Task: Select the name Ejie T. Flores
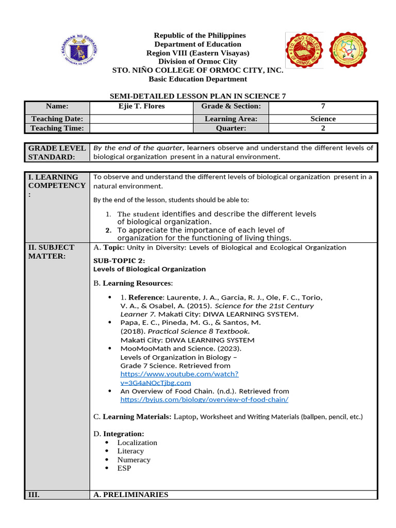click(x=141, y=106)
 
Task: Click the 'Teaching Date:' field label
click(x=57, y=119)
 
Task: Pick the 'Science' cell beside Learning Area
click(x=323, y=119)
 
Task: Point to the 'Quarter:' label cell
click(x=231, y=128)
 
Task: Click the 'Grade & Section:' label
click(x=231, y=106)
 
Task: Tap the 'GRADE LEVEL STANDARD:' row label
click(x=57, y=152)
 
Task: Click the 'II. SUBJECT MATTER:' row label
click(x=51, y=251)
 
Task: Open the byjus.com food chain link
click(x=204, y=400)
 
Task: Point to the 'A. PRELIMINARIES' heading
click(x=131, y=494)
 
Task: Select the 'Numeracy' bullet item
click(x=134, y=459)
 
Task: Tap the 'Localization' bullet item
click(x=137, y=442)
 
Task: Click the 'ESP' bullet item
click(x=124, y=468)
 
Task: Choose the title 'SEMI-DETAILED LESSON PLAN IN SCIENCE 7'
click(x=198, y=96)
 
